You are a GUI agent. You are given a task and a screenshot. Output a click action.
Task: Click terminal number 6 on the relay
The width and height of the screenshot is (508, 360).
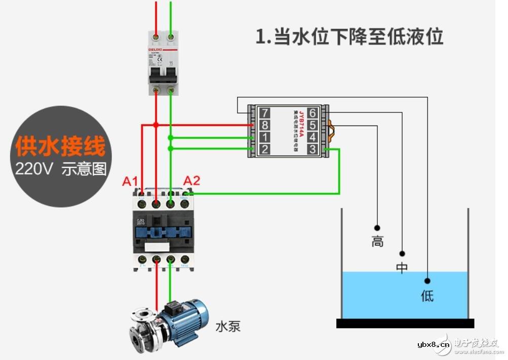coord(313,113)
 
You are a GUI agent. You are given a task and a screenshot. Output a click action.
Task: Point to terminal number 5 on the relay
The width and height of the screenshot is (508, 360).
coord(313,125)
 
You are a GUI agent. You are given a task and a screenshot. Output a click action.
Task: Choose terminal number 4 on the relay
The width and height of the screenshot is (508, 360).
coord(313,137)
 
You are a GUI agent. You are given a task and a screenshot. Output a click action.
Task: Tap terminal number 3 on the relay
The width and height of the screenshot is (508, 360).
coord(313,149)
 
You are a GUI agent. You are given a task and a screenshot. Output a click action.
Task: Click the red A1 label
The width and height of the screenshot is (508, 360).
coord(130,181)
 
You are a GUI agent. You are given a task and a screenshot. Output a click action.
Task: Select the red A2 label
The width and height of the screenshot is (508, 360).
coord(191,180)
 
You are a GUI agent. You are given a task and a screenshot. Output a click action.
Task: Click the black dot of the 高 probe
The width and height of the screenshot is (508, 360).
coord(377,228)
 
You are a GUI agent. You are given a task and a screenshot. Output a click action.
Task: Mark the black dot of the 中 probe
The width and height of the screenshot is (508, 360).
coord(402,253)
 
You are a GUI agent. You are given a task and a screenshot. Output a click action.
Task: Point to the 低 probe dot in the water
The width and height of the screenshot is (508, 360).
coord(427,280)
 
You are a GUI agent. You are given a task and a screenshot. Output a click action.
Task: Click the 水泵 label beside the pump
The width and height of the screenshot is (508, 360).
coord(228,326)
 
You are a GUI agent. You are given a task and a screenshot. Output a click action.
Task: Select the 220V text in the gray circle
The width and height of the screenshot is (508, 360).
coord(34,169)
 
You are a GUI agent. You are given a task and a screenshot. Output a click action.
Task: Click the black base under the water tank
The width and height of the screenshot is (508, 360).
coord(405,323)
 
